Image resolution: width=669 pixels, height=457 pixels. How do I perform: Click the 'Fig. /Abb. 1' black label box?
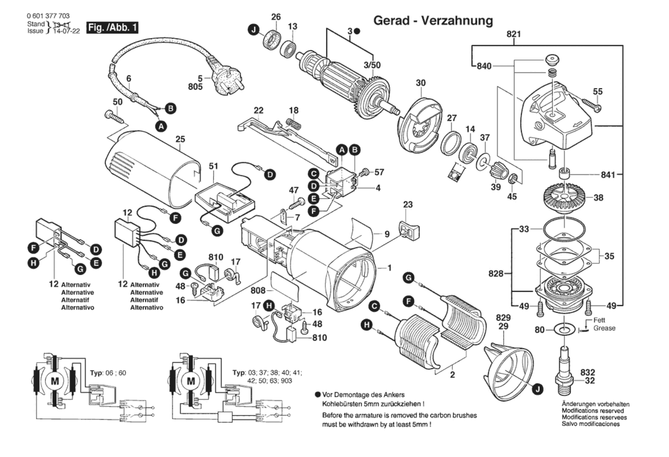[112, 27]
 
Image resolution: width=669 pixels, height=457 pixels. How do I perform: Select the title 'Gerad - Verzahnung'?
[433, 21]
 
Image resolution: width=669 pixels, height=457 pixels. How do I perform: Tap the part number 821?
[514, 34]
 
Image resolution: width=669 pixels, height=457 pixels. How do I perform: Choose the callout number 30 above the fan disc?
[421, 83]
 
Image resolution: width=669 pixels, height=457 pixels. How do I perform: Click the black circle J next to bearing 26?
[253, 30]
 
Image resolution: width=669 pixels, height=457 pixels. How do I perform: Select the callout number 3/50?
[372, 65]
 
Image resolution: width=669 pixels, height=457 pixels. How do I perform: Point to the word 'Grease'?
[604, 328]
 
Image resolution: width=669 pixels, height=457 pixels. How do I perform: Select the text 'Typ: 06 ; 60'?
[108, 373]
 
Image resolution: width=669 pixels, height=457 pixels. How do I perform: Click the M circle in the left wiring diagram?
[55, 381]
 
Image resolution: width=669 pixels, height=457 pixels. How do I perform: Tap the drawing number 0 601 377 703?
[48, 16]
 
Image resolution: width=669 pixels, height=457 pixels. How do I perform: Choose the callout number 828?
[496, 274]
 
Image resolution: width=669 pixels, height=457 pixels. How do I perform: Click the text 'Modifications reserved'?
[593, 411]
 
